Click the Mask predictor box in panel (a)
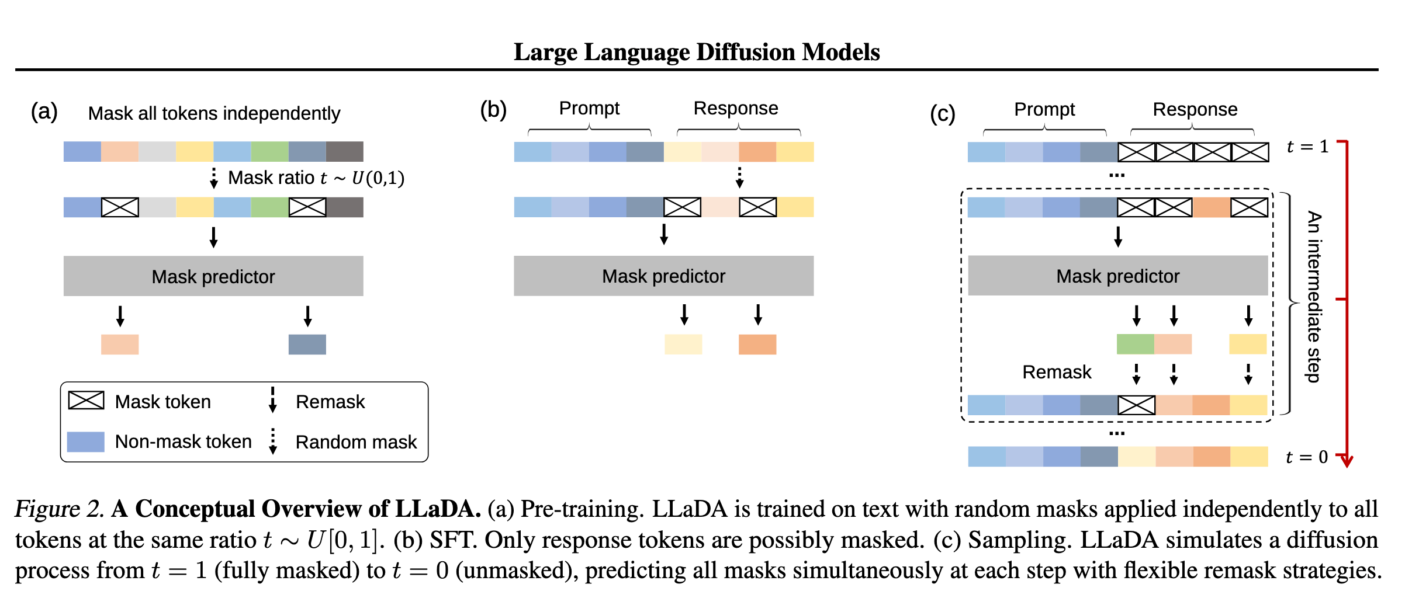(213, 276)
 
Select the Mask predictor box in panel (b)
(663, 276)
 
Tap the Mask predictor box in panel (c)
(1117, 276)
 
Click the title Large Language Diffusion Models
(697, 52)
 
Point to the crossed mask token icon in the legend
(86, 401)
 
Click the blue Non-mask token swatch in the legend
(86, 441)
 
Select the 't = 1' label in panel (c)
(1307, 147)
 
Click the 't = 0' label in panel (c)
(1307, 457)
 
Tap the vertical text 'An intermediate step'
(1314, 296)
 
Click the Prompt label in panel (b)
(589, 108)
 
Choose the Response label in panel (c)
(1195, 109)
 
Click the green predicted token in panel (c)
(1135, 345)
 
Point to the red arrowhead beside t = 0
(1347, 461)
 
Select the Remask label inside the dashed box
(1057, 372)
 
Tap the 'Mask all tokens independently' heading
(214, 113)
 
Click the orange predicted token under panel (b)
(757, 345)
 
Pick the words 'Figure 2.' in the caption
(60, 509)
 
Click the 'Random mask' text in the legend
(356, 442)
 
